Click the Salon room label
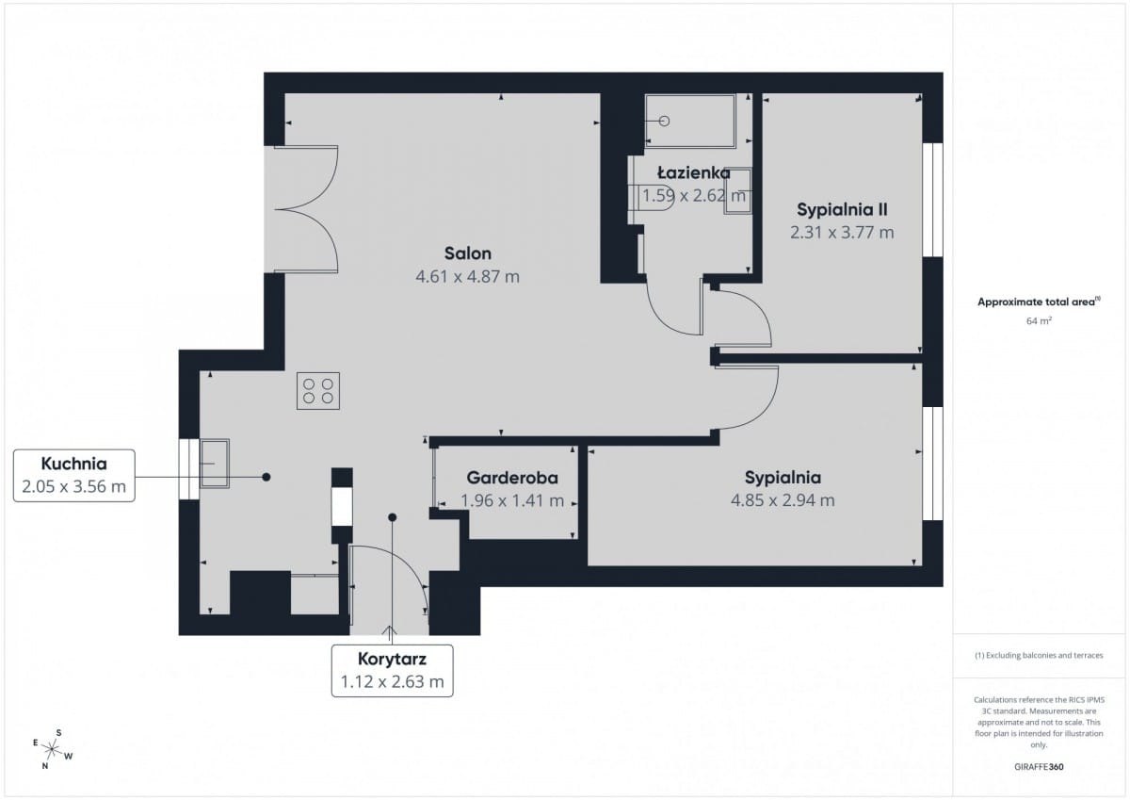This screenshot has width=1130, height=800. click(468, 253)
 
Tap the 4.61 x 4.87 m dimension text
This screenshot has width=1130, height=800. click(468, 277)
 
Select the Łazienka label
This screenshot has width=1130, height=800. click(694, 172)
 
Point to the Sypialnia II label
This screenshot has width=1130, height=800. click(842, 209)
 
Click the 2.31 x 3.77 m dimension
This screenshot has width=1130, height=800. click(842, 233)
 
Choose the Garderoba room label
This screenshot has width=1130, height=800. click(512, 478)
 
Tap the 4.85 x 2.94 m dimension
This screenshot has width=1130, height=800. click(783, 500)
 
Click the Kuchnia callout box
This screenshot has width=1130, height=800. click(74, 476)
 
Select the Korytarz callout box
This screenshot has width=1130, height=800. click(392, 671)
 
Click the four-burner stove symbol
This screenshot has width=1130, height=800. click(318, 391)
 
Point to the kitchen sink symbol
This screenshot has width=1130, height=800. click(215, 464)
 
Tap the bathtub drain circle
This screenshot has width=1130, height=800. click(665, 122)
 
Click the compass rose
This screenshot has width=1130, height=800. click(52, 749)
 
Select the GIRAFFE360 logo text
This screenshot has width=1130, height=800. click(1039, 767)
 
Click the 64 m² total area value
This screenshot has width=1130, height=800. click(1039, 320)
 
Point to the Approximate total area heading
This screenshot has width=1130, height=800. click(1039, 302)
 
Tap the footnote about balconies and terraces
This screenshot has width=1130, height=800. click(1039, 655)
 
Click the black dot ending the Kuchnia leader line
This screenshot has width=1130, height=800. click(266, 477)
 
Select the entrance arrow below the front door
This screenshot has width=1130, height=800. click(389, 629)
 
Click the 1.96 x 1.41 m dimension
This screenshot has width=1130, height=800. click(512, 500)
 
